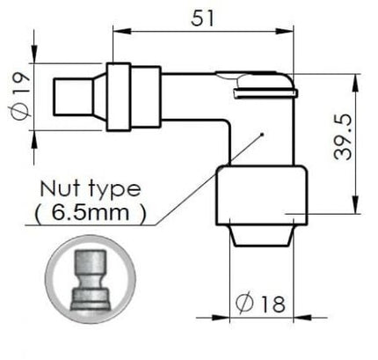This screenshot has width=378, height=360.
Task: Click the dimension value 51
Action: point(203,18)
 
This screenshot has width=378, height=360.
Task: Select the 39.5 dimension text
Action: point(343,136)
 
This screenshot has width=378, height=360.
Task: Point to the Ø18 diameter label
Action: point(260,303)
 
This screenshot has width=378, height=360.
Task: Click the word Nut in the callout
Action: point(60,188)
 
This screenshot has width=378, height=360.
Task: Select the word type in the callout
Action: point(114,189)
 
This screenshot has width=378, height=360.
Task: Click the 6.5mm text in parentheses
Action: point(91,212)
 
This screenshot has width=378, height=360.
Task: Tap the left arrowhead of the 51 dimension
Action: point(122,31)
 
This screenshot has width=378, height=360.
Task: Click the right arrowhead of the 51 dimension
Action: point(284,31)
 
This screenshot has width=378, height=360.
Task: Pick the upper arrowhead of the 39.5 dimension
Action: point(355,84)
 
